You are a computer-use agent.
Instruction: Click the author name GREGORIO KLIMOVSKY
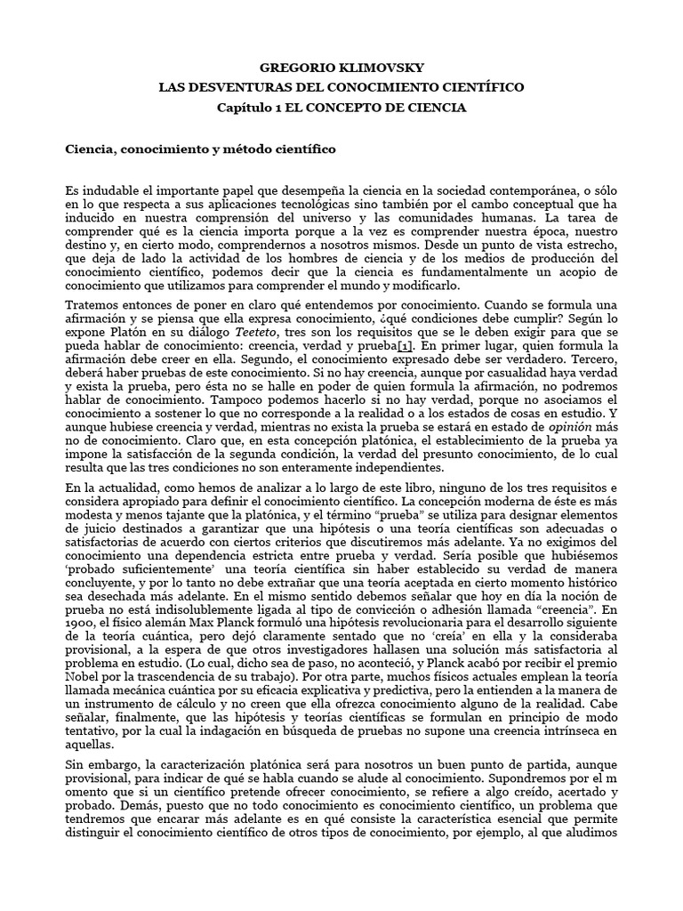(341, 67)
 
